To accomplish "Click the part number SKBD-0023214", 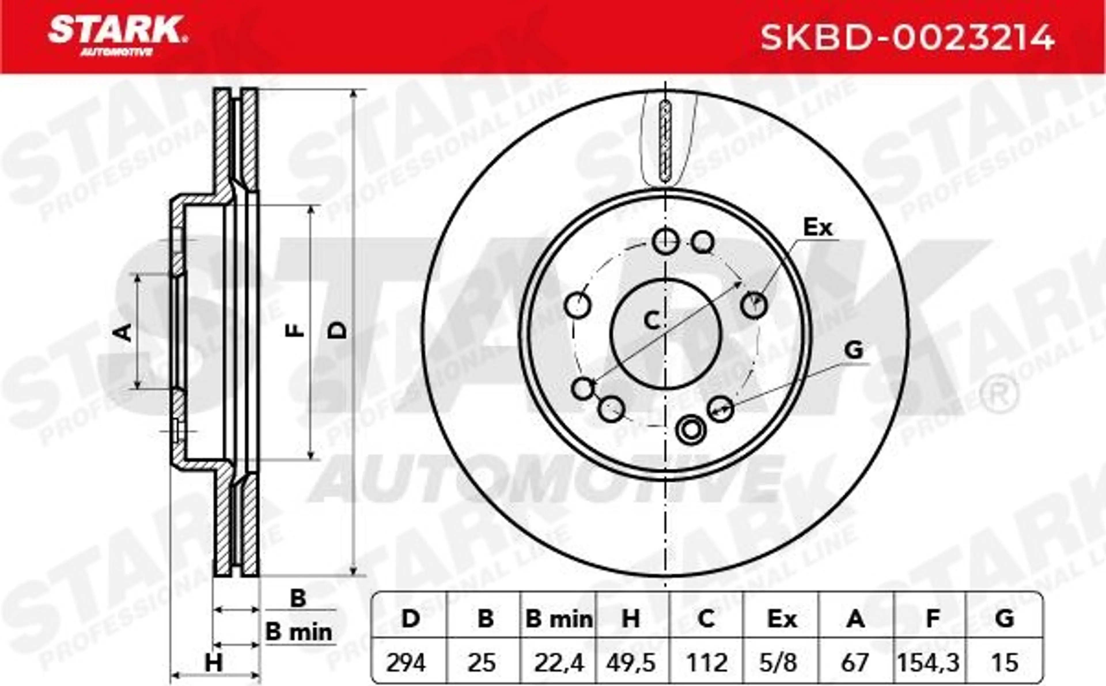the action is [907, 38].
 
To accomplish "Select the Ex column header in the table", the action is [781, 619].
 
